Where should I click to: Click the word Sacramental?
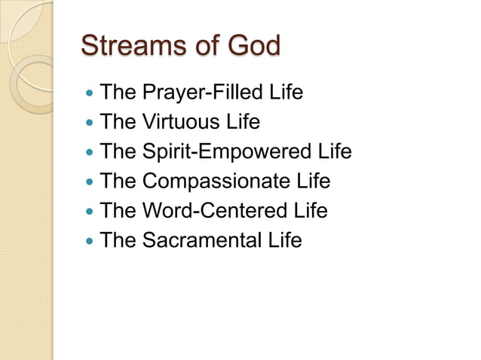(x=204, y=240)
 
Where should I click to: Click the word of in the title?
(x=198, y=46)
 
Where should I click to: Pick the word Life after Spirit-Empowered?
(x=335, y=152)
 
